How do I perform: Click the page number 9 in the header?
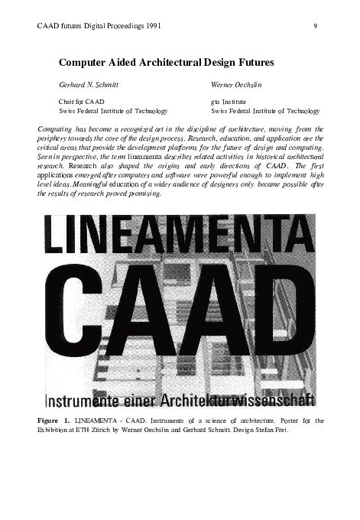click(315, 26)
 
